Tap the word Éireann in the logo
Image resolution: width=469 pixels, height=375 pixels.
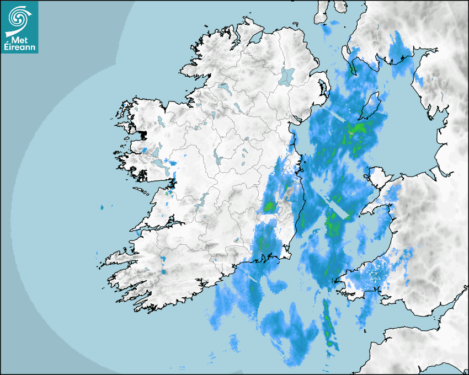coord(19,47)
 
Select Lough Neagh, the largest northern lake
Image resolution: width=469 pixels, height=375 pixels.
coord(287,76)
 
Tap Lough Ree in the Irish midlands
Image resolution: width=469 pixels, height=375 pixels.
coord(217,160)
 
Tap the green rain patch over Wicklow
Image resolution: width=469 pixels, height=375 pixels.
coord(270,207)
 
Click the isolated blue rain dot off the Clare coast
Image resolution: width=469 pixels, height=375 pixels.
coord(102,207)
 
